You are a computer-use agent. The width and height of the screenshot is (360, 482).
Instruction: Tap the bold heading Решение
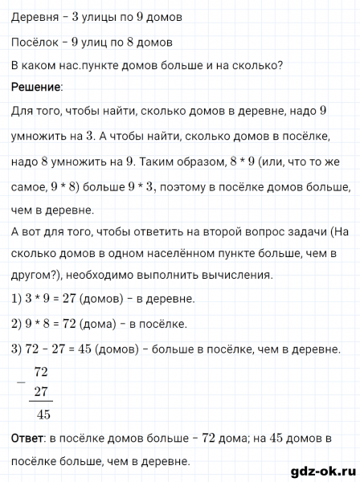pos(36,86)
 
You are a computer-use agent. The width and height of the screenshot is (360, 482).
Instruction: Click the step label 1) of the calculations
pos(18,300)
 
